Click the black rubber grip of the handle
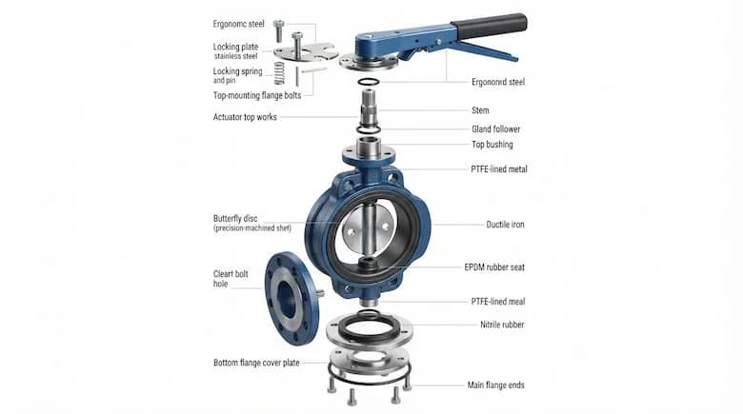[x=490, y=26]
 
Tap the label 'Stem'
[x=480, y=110]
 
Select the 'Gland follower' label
[x=495, y=128]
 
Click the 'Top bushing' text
[x=492, y=145]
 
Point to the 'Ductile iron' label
[x=505, y=225]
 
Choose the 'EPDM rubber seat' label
[x=494, y=267]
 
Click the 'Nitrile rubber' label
[x=502, y=325]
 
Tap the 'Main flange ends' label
[x=495, y=385]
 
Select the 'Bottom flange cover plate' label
[x=256, y=363]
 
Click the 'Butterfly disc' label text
[x=235, y=218]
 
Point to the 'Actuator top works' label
[x=245, y=117]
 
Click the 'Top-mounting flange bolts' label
[x=257, y=95]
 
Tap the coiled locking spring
[x=279, y=73]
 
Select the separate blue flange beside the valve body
[x=291, y=299]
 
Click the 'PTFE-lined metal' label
[x=498, y=169]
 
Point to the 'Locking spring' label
[x=237, y=71]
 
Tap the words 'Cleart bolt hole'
[x=231, y=279]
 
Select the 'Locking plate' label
[x=235, y=47]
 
